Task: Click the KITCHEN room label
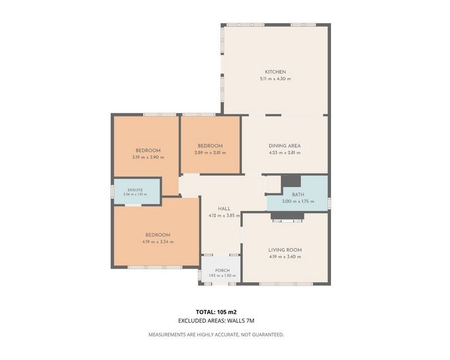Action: (x=275, y=72)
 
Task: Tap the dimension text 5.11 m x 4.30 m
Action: (x=275, y=78)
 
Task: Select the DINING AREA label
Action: (x=285, y=146)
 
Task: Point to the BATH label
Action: (x=298, y=194)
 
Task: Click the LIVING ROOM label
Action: (x=285, y=250)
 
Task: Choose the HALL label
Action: (x=224, y=209)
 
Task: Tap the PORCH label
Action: (x=222, y=271)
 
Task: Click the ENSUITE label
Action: (x=135, y=190)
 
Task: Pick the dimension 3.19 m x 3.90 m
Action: (x=148, y=157)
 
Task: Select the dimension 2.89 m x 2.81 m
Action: (x=210, y=153)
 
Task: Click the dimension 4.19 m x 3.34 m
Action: (x=158, y=242)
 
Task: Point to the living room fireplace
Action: (x=287, y=217)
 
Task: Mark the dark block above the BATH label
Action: (x=291, y=181)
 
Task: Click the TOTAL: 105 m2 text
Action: (x=216, y=312)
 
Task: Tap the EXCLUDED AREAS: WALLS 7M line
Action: (x=216, y=321)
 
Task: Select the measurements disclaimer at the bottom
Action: (x=216, y=334)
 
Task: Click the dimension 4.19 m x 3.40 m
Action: (x=285, y=257)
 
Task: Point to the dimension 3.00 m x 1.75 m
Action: (x=298, y=201)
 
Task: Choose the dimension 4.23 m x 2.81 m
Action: (x=285, y=153)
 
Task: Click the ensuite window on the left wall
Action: (x=113, y=191)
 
